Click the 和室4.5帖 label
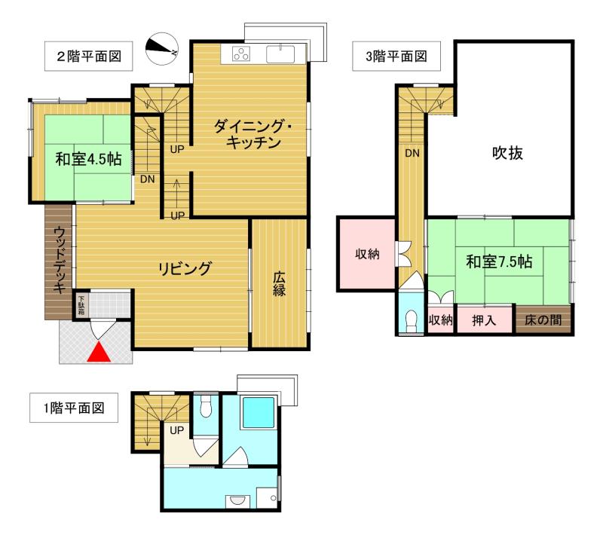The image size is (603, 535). tap(87, 160)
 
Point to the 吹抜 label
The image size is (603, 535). tap(508, 153)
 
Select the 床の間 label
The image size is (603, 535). tap(543, 319)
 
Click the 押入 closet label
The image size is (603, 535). tap(484, 320)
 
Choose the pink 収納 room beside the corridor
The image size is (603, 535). tap(367, 254)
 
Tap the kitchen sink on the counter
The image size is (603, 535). tap(284, 54)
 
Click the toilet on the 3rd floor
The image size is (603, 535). tap(412, 321)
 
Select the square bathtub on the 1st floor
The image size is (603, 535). tap(258, 414)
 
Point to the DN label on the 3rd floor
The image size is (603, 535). tap(412, 153)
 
